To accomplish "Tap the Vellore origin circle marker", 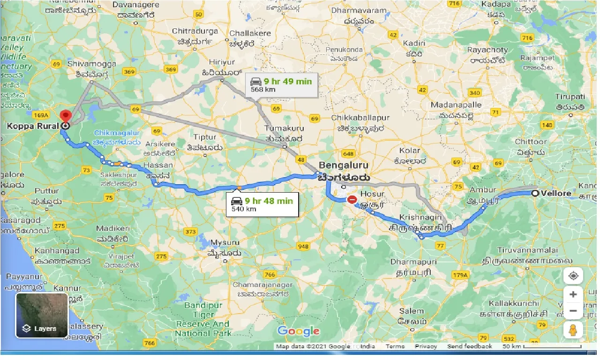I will (x=535, y=193).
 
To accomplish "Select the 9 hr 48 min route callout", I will (x=262, y=204).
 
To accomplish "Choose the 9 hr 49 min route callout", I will (x=281, y=85).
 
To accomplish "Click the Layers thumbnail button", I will (x=42, y=315).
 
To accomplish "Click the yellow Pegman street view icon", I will (x=573, y=330).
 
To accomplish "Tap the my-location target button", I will (x=573, y=276).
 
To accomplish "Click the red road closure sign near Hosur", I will (x=352, y=200).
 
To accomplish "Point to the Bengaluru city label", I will (x=344, y=165).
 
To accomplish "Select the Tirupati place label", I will (x=570, y=97).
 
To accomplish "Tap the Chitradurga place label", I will (x=195, y=31).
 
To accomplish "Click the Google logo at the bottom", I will (x=298, y=331).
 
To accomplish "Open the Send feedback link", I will (x=470, y=346).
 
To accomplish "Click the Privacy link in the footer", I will (x=426, y=346).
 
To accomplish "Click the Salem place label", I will (x=412, y=311).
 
